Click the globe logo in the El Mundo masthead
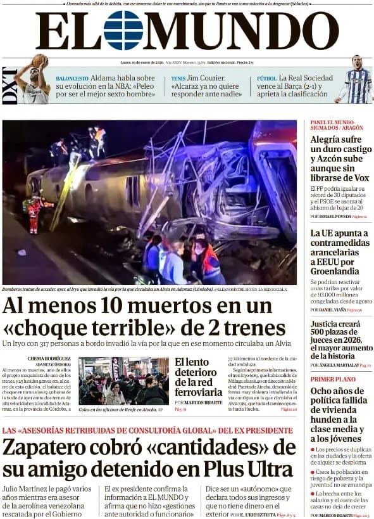123,30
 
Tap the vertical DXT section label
9,87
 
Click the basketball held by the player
40,60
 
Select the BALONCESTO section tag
72,79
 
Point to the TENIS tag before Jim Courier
178,79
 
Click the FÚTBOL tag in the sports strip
266,79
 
